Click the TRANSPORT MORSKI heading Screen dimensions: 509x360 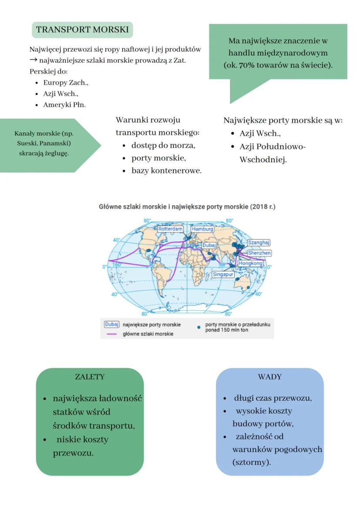[x=82, y=30]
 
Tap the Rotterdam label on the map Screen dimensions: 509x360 [x=170, y=229]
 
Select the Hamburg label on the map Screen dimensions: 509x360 [x=202, y=229]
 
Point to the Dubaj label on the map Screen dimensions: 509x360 [x=210, y=245]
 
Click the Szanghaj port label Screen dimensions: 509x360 [x=259, y=242]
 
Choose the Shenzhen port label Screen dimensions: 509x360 [x=259, y=253]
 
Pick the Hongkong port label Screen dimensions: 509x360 [x=251, y=263]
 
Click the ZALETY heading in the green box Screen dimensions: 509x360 [x=90, y=377]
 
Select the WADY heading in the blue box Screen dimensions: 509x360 [x=270, y=377]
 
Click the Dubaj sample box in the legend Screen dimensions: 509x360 [x=112, y=324]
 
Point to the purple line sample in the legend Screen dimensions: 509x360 [x=112, y=334]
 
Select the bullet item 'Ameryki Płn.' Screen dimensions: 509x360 [x=64, y=105]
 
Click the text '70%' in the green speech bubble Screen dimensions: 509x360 [x=247, y=66]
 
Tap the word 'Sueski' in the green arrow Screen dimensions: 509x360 [x=27, y=143]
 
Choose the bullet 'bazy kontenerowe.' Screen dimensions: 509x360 [x=167, y=171]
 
